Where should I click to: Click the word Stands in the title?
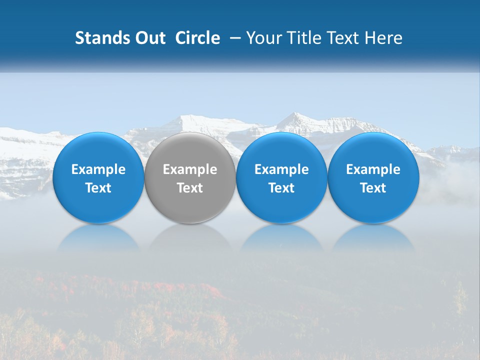click(x=100, y=38)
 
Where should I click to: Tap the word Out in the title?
click(x=148, y=38)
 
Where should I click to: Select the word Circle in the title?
click(x=197, y=38)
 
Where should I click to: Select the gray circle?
click(x=190, y=177)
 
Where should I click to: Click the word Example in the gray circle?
click(x=190, y=169)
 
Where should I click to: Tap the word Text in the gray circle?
click(x=190, y=188)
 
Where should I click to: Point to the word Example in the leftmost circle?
click(x=98, y=169)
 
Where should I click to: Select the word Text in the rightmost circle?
click(x=373, y=188)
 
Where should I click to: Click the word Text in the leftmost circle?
click(x=98, y=188)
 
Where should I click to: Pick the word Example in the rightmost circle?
click(x=373, y=169)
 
